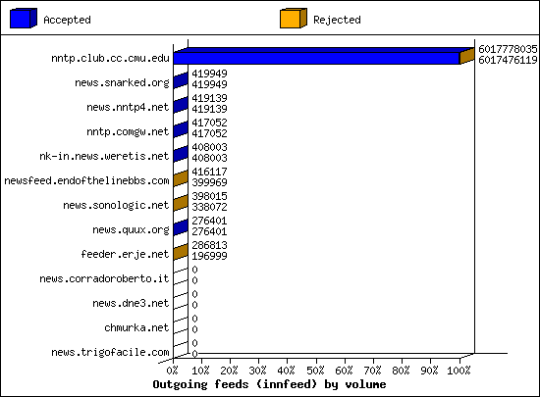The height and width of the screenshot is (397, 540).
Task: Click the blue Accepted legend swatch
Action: click(24, 19)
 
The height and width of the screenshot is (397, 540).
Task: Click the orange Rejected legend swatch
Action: click(294, 19)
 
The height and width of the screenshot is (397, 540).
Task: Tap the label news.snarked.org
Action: click(123, 83)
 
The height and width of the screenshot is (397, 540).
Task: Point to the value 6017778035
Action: click(508, 49)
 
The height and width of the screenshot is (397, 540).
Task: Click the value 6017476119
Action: click(508, 60)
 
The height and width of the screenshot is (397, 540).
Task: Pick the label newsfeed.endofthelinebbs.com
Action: click(86, 180)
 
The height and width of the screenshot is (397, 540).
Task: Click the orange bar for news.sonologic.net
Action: click(181, 203)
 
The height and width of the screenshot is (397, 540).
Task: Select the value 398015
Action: click(209, 196)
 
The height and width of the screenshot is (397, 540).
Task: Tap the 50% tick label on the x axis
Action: click(315, 371)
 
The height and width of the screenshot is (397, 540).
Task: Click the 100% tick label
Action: click(459, 371)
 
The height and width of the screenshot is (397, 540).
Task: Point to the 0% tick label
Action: click(172, 371)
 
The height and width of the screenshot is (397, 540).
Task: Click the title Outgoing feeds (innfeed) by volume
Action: click(269, 384)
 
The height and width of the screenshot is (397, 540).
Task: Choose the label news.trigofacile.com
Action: click(110, 352)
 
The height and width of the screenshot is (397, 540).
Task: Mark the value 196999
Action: click(209, 256)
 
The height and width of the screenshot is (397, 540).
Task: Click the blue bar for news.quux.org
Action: click(181, 227)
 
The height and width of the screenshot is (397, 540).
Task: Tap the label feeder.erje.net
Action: click(125, 254)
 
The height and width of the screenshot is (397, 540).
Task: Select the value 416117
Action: click(209, 172)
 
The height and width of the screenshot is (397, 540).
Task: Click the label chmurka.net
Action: click(136, 327)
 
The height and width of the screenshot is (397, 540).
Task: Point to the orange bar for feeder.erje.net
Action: click(181, 252)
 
